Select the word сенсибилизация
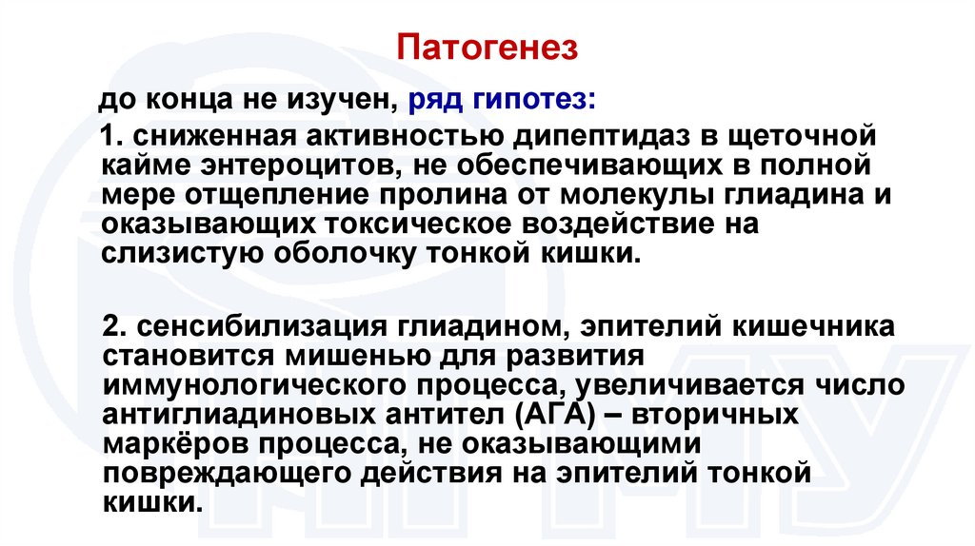pyautogui.click(x=249, y=326)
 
